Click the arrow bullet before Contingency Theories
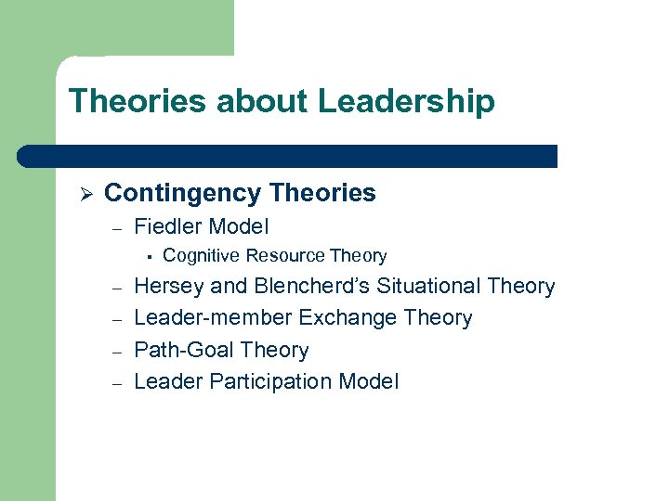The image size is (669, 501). [83, 194]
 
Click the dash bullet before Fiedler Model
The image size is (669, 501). [117, 227]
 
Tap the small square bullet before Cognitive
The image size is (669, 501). [147, 256]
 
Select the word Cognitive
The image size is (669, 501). [200, 255]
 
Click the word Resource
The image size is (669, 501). [281, 255]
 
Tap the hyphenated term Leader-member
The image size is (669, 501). [213, 318]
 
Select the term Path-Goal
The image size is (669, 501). [182, 350]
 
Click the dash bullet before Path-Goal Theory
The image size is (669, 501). [117, 351]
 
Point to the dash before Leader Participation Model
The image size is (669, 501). [117, 382]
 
